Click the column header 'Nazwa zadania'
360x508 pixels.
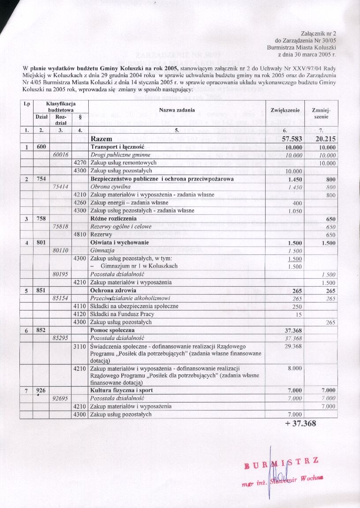pos(176,110)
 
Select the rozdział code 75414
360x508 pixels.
pos(60,187)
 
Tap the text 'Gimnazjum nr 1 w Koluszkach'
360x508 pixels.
pos(139,266)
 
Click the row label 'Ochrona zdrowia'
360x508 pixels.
pos(112,291)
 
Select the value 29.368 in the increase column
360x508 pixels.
pos(292,347)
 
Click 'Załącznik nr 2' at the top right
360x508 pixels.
pos(320,34)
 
